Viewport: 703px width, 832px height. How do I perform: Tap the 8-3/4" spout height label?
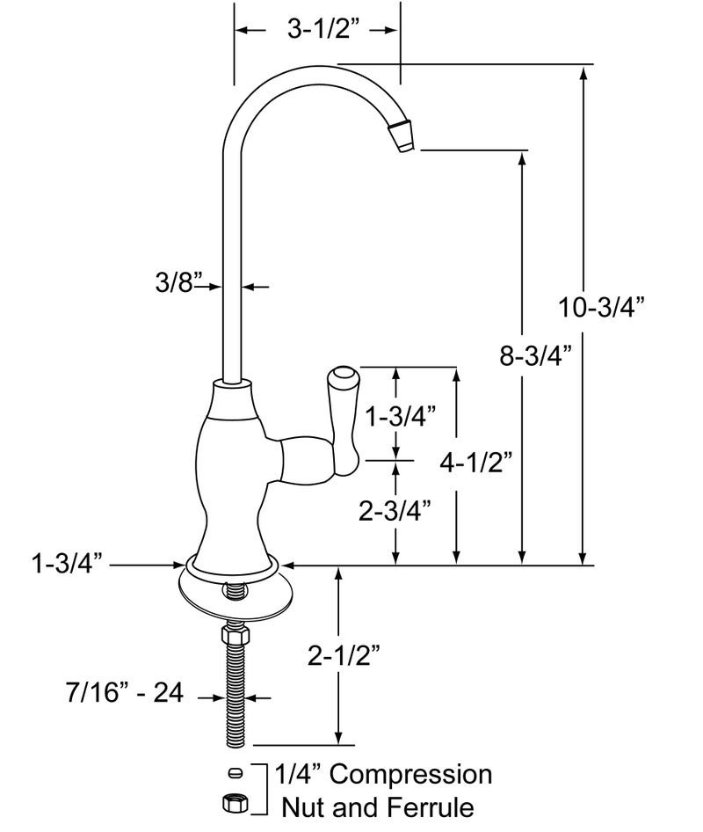(x=536, y=355)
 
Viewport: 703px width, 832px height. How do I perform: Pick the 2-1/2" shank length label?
(x=344, y=655)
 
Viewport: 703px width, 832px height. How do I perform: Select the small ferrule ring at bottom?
(x=233, y=773)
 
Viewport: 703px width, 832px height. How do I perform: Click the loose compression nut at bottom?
(x=233, y=802)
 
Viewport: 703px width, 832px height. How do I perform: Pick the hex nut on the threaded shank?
(x=235, y=635)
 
